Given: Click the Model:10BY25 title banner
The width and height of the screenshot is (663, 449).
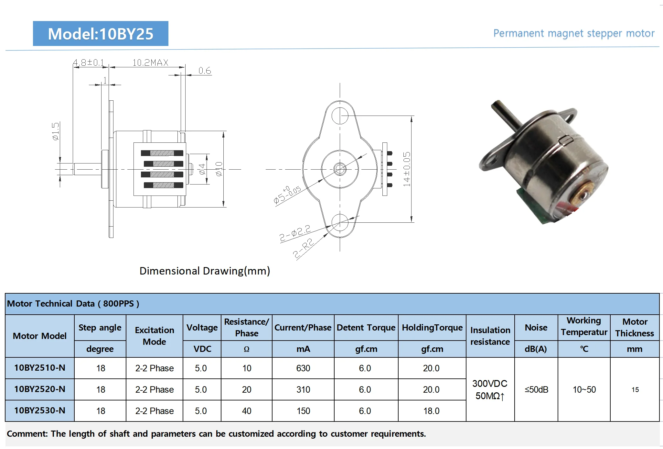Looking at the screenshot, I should (101, 34).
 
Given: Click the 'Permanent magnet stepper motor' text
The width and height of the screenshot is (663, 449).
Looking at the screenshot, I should (573, 33).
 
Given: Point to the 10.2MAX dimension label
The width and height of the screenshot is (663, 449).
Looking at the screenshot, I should (150, 62).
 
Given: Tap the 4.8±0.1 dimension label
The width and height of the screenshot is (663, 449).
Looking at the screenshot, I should (89, 62).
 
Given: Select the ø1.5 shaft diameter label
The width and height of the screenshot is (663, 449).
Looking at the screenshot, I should (56, 131).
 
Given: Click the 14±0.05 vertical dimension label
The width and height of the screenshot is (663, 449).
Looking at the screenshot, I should (406, 169).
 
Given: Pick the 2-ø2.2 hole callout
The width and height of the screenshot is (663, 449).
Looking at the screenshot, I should (295, 233).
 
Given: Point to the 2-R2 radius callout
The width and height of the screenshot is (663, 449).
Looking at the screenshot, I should (303, 248).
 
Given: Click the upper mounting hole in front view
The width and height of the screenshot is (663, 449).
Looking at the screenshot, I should (340, 116).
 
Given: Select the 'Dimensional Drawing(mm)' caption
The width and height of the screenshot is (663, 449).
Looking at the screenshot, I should (205, 271).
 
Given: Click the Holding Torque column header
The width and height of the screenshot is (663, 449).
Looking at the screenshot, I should (432, 328).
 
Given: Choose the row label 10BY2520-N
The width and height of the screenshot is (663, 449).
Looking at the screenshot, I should (40, 389).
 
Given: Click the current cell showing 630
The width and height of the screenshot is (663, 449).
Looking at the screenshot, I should (303, 368).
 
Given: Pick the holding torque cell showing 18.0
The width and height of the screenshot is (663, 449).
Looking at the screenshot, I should (431, 411).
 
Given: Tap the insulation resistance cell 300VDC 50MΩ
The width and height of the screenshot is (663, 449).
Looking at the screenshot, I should (490, 389).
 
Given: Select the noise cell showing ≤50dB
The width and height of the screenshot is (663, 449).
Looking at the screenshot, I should (536, 389).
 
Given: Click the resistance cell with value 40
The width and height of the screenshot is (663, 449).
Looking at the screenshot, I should (246, 411).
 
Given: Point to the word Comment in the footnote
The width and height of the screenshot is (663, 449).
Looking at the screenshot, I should (27, 434).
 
